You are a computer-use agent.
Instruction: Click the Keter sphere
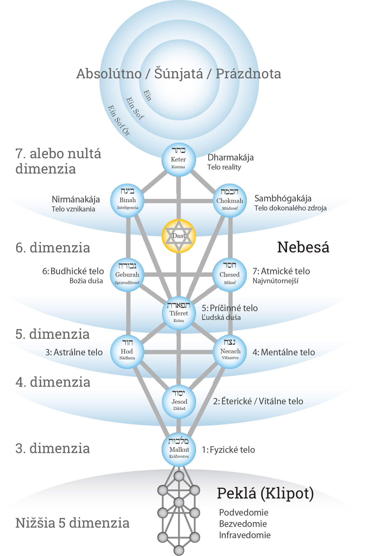pos(178,160)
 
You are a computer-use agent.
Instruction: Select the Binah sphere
pos(127,201)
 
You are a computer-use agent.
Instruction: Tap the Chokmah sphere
pos(230,201)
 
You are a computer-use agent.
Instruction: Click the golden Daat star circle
pos(179,236)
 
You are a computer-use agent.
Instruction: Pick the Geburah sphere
pos(127,275)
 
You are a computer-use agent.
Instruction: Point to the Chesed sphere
pos(230,275)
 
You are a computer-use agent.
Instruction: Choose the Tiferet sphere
pos(179,313)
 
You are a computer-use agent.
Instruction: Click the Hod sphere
pos(127,352)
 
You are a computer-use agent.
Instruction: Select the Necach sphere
pos(230,352)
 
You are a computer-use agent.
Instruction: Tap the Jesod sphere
pos(179,402)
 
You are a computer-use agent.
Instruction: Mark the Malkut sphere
pos(179,450)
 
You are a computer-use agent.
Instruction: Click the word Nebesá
pos(303,247)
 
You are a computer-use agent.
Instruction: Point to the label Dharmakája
pos(230,158)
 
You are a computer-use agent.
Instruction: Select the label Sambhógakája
pos(283,198)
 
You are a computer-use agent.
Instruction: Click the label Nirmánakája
pos(76,199)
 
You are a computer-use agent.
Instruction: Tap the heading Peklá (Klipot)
pos(265,493)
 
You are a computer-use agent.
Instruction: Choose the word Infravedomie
pos(245,535)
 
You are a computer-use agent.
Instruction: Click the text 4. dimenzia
pos(53,382)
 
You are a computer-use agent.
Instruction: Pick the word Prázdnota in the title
pos(248,74)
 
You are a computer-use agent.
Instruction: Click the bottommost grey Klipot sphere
pos(179,550)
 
